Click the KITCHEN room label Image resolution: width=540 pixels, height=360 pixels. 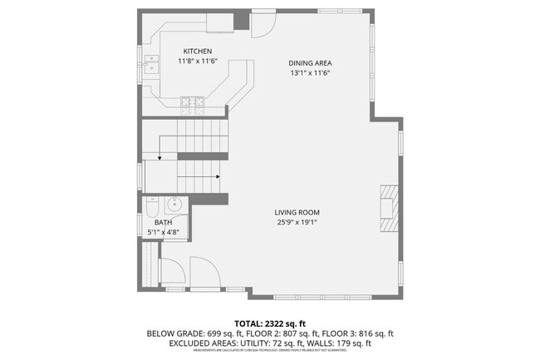pos(198,52)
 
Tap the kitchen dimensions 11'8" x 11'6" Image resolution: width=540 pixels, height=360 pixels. pos(198,62)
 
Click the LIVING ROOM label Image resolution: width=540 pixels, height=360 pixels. pos(297,212)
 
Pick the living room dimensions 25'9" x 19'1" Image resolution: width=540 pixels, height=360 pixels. pos(297,222)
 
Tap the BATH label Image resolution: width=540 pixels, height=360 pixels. pos(162,223)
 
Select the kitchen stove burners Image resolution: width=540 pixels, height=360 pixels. pos(193,104)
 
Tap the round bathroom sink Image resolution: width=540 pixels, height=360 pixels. pos(174,204)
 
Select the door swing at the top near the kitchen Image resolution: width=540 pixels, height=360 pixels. pos(261,23)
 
